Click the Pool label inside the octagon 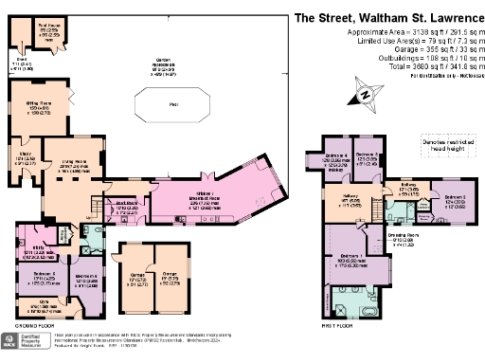(172, 104)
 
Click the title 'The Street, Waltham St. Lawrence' (377, 16)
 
